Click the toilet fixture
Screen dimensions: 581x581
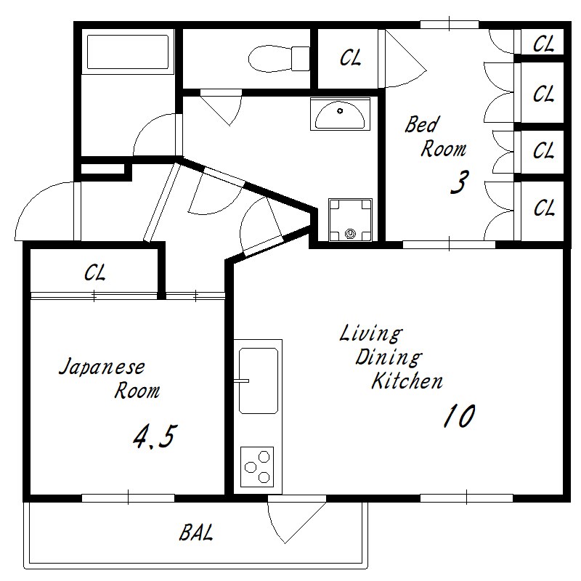(279, 59)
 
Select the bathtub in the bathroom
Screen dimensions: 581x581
(128, 52)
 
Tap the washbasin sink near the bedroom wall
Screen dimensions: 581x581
(340, 114)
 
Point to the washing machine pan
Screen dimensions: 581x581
(350, 220)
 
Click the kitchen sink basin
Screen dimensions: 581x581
(259, 381)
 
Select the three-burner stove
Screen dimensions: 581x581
(257, 467)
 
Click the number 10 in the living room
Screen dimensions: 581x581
(460, 415)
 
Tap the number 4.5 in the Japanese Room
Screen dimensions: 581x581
(153, 436)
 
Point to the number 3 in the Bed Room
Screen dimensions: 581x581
(460, 182)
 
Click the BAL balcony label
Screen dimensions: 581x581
(196, 532)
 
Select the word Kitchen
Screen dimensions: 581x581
(407, 381)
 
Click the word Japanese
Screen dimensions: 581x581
(102, 367)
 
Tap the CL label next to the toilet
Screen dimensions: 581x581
(351, 58)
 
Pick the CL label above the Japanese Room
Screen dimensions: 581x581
(95, 273)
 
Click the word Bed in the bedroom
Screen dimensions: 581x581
(423, 124)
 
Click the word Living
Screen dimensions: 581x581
(371, 333)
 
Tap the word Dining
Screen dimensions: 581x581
(389, 357)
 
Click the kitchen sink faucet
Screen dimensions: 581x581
(242, 381)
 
